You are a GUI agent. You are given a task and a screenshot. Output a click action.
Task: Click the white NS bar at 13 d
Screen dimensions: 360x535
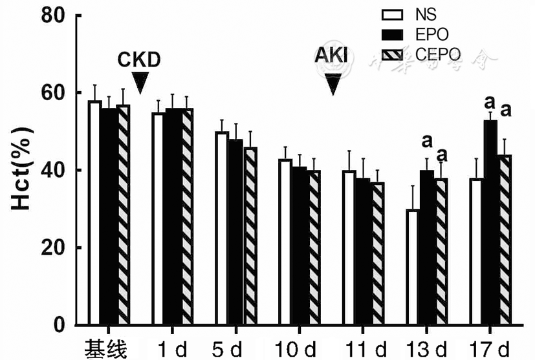412,267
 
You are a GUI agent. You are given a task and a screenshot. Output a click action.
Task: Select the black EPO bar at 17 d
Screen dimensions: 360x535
490,222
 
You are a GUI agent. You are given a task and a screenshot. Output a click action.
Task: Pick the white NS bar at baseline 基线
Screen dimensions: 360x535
94,213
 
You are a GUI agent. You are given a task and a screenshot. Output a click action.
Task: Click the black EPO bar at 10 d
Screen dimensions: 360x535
300,246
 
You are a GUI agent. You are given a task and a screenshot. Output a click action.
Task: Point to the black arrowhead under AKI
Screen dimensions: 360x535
333,83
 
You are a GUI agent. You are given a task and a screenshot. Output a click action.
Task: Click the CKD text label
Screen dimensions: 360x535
138,60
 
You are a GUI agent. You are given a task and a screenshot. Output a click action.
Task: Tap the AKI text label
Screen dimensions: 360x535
331,56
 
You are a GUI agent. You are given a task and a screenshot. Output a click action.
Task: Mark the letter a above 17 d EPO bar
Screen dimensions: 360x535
490,102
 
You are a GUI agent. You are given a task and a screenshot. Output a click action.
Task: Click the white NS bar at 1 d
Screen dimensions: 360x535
158,218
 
